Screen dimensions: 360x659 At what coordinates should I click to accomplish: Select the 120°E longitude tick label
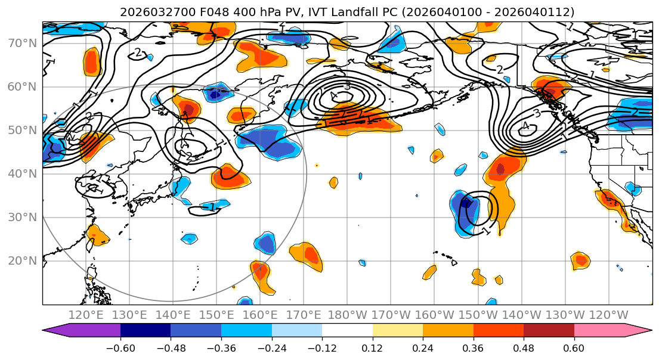click(x=86, y=315)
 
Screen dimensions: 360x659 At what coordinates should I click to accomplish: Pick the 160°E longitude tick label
click(x=260, y=315)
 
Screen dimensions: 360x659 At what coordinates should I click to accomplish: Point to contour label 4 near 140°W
click(x=525, y=126)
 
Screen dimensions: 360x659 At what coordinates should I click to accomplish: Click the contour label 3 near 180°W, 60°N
click(x=347, y=86)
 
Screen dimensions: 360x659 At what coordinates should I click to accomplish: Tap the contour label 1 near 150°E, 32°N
click(x=212, y=207)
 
